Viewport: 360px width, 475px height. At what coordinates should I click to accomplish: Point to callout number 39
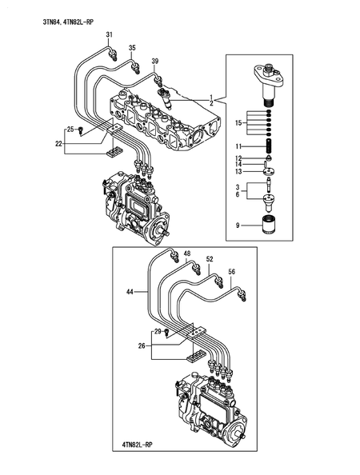click(x=155, y=62)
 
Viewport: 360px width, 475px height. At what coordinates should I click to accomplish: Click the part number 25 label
click(x=70, y=129)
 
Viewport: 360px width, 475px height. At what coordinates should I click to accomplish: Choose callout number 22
click(x=58, y=144)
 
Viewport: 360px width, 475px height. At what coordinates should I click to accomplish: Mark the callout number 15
click(x=238, y=123)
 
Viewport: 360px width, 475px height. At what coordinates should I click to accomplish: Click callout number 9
click(x=238, y=226)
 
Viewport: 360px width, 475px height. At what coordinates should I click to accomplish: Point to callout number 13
click(x=238, y=171)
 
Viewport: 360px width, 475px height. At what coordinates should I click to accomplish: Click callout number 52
click(x=210, y=259)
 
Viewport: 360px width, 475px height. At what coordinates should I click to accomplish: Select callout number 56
click(x=232, y=272)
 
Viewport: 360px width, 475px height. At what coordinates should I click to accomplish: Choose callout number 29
click(x=158, y=331)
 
